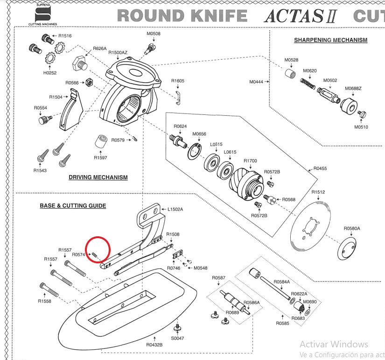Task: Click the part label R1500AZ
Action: point(118,53)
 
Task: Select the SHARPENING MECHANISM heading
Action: point(330,40)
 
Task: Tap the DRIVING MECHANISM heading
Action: point(98,177)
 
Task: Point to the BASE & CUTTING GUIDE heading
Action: point(73,206)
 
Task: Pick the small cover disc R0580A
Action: point(347,247)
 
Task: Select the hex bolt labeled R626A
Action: point(80,63)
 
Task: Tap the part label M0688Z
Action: point(353,89)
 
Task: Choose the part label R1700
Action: point(250,161)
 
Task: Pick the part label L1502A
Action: point(175,209)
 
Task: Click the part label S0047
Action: point(177,338)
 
